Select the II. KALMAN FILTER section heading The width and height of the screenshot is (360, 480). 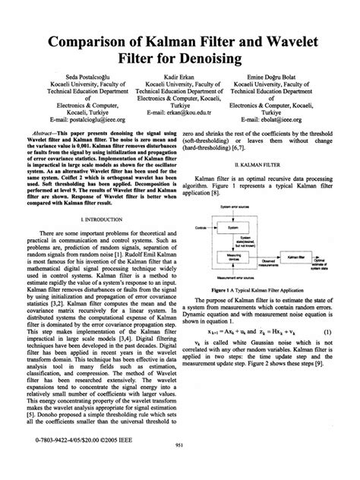pyautogui.click(x=266, y=163)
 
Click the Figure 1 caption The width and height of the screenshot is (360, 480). pyautogui.click(x=266, y=291)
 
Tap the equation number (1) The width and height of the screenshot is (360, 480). pyautogui.click(x=328, y=332)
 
